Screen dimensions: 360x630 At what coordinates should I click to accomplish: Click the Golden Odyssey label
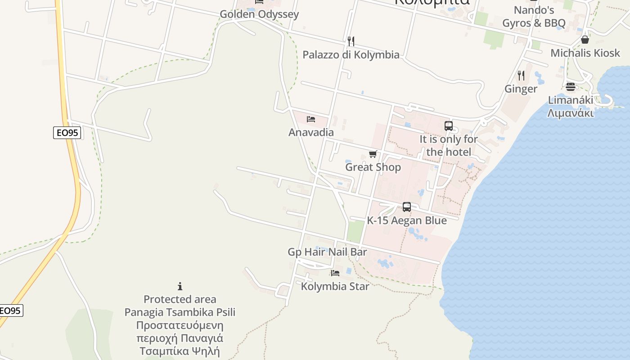pos(259,14)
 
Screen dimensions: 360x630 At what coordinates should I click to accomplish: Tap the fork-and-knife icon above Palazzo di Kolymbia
pos(351,41)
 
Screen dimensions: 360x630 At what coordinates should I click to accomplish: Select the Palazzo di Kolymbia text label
pos(351,55)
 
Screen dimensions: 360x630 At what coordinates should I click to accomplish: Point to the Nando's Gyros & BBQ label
pos(534,17)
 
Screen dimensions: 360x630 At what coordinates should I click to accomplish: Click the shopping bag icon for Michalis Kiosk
pos(585,40)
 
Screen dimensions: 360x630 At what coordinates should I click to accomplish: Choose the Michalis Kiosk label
pos(585,53)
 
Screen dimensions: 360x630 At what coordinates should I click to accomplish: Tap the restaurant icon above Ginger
pos(521,75)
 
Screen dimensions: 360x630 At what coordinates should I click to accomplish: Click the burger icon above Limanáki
pos(571,86)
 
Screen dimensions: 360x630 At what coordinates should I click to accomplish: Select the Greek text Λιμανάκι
pos(571,113)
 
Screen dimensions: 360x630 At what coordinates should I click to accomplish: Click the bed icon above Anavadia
pos(311,119)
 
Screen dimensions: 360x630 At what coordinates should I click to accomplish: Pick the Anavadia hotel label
pos(311,132)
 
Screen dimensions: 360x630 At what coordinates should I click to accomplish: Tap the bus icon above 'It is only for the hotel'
pos(449,126)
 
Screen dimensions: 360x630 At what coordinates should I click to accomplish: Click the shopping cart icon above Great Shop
pos(373,154)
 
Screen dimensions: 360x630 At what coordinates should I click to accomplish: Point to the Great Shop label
pos(373,167)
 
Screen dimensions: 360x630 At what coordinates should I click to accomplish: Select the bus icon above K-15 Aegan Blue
pos(407,207)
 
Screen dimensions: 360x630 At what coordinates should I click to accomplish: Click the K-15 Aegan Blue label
pos(407,220)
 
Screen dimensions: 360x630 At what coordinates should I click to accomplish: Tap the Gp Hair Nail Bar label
pos(327,252)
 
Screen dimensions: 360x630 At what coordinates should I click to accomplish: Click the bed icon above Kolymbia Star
pos(335,273)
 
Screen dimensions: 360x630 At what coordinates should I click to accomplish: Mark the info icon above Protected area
pos(180,286)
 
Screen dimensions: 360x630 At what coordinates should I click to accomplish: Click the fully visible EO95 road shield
pos(67,133)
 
